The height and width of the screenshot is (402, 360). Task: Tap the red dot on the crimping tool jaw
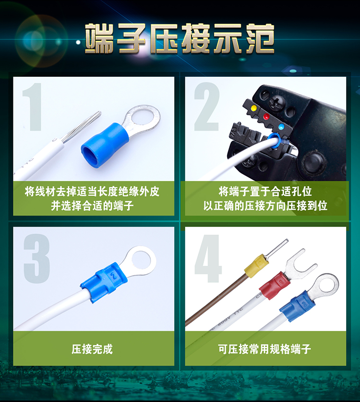click(266, 117)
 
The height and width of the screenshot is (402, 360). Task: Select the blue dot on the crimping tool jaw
click(281, 127)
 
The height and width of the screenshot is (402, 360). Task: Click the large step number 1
click(33, 106)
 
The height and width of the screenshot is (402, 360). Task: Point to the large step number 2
click(207, 106)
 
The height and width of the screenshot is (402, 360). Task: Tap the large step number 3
click(36, 259)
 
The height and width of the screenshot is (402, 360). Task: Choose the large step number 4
click(208, 259)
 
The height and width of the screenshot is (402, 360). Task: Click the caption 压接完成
click(92, 349)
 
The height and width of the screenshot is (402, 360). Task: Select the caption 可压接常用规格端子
click(264, 349)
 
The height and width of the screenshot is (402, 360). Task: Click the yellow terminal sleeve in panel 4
click(255, 266)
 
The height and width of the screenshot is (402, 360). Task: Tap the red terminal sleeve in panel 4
click(275, 285)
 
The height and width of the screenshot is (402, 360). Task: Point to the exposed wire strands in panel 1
click(81, 127)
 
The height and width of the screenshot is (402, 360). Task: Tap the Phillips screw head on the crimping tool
click(277, 102)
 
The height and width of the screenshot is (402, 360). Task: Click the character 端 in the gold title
click(100, 38)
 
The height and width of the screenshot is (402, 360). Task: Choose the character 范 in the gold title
click(260, 38)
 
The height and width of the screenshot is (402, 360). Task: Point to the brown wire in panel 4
click(216, 299)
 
